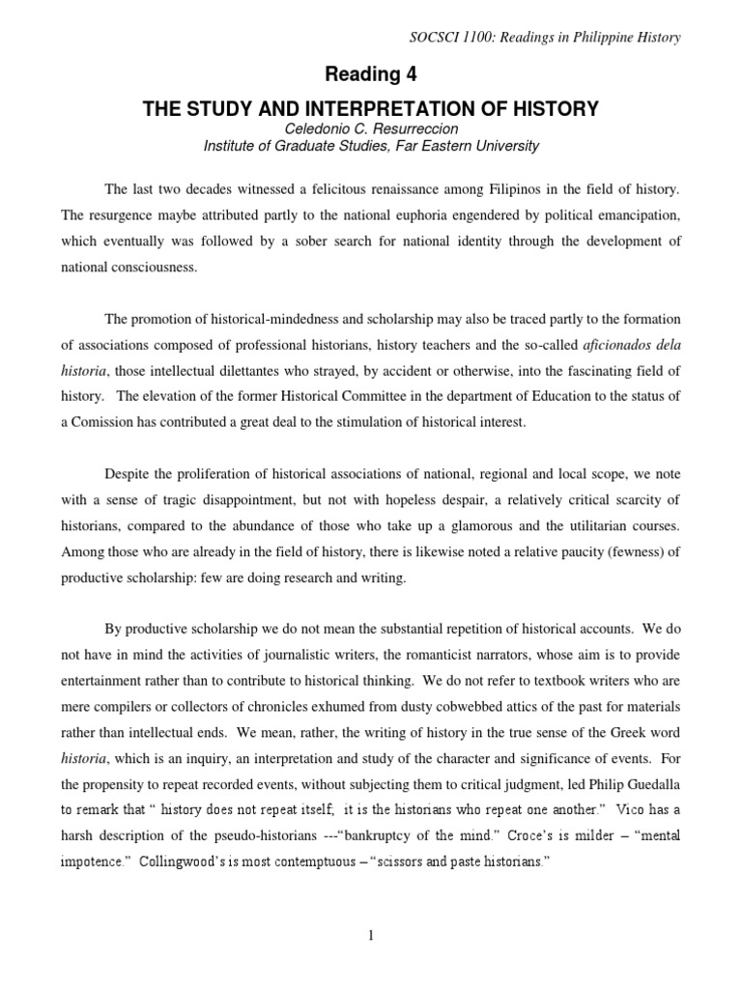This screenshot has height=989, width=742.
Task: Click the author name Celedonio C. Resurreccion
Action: pyautogui.click(x=371, y=129)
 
